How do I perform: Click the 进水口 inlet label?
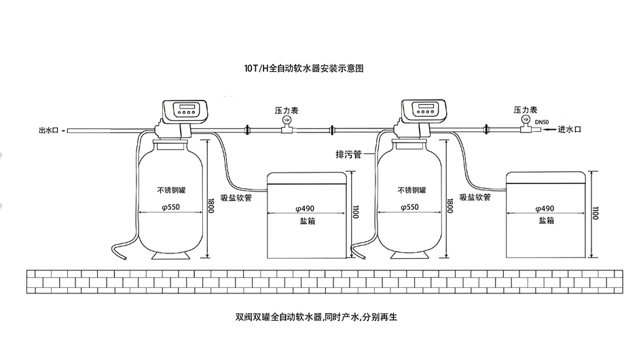coord(568,128)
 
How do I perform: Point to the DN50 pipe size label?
coord(542,122)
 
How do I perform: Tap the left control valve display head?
coord(185,109)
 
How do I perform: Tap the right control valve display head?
coord(424,109)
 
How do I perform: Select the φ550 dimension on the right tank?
coord(412,207)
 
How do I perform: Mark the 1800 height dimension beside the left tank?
coord(210,206)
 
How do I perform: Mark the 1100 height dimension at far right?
coord(595,211)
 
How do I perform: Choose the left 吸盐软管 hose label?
coord(237,197)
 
